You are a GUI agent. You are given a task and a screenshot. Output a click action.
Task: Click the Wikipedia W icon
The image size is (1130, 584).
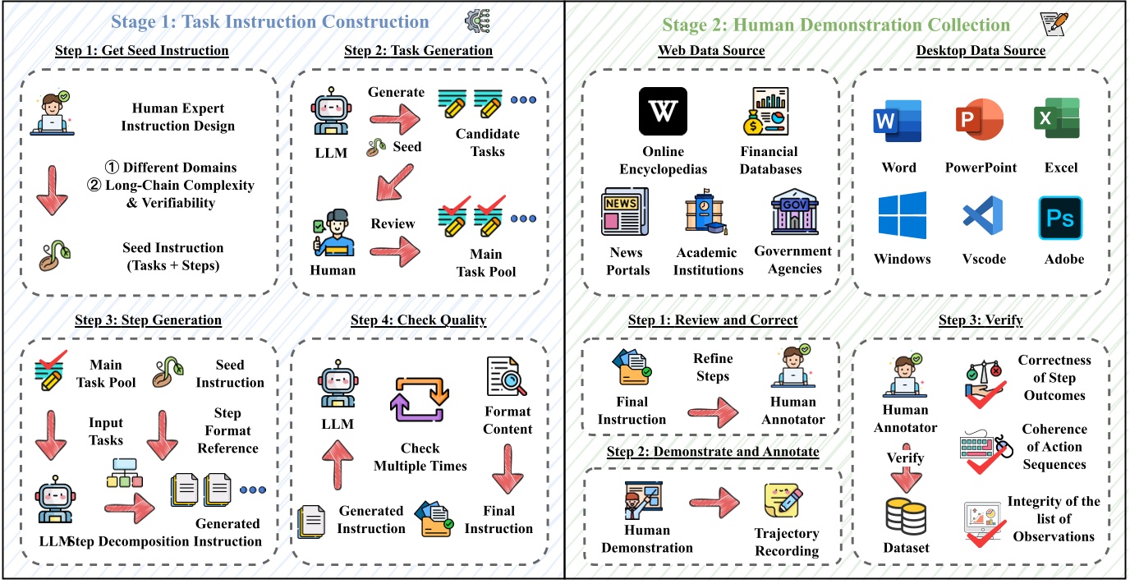tap(663, 111)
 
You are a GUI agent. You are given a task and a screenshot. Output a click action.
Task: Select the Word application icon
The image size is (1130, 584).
tap(898, 122)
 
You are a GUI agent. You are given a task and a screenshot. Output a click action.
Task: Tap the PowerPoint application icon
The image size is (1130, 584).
tap(980, 121)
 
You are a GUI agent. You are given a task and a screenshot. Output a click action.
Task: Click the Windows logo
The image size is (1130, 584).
tap(902, 216)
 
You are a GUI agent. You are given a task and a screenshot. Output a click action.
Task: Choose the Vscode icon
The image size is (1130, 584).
tap(983, 218)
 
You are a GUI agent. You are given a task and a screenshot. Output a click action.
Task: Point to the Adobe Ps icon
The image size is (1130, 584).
tap(1060, 218)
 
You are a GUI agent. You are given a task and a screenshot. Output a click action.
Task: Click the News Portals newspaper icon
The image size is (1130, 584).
tap(624, 212)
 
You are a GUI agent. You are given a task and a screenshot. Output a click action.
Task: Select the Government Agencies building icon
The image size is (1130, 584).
tap(793, 212)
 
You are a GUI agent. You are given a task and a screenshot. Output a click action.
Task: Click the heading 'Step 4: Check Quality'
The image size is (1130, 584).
tap(418, 320)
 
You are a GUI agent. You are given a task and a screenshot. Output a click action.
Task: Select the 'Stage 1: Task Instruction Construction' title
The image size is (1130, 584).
tap(270, 22)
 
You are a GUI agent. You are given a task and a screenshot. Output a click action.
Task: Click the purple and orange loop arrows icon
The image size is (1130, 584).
tap(420, 399)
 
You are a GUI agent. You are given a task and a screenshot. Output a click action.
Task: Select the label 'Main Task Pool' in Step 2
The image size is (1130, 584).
tap(486, 262)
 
